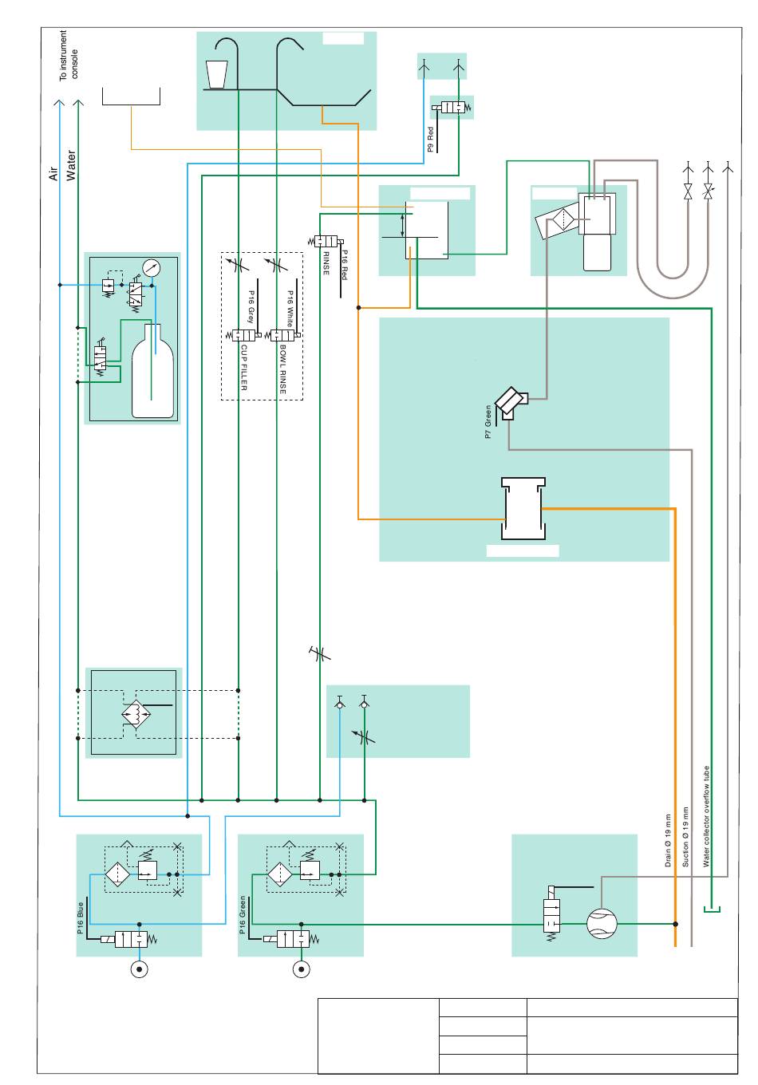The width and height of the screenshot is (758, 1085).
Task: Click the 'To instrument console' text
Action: [69, 55]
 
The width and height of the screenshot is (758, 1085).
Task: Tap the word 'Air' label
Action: [53, 174]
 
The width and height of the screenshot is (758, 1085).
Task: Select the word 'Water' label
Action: [71, 166]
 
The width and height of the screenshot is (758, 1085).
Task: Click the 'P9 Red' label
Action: [431, 140]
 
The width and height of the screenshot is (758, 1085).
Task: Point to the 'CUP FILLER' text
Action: [244, 368]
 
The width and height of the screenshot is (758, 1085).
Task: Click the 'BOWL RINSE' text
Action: [283, 369]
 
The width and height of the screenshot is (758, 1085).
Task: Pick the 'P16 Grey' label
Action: [251, 306]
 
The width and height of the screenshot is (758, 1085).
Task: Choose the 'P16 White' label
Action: [290, 309]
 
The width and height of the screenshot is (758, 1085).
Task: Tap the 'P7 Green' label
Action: [488, 422]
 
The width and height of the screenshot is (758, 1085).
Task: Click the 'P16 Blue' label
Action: [81, 918]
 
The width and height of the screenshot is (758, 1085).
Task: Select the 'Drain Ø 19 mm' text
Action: [668, 840]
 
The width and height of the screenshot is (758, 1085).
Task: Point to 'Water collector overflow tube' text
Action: [706, 816]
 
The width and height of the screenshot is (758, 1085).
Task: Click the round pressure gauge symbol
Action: [152, 268]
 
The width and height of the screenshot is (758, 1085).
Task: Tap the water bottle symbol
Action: [152, 370]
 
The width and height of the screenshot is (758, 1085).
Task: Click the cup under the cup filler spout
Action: [216, 74]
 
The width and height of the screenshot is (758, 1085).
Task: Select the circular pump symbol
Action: [602, 924]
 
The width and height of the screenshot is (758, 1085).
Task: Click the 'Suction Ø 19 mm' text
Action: [685, 837]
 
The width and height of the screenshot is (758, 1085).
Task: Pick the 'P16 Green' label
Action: [243, 915]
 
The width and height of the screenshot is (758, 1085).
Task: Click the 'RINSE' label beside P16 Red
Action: [326, 263]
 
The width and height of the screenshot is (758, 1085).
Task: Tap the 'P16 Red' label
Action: [344, 265]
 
